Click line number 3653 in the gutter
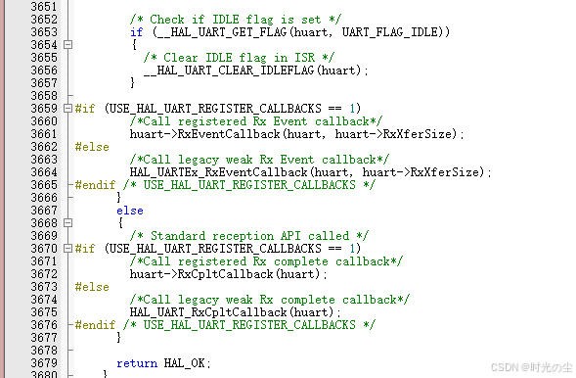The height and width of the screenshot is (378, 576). [x=44, y=32]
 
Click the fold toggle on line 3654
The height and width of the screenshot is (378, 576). [x=67, y=45]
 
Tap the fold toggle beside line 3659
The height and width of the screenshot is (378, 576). [x=67, y=109]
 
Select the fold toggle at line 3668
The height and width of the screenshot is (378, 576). [x=67, y=223]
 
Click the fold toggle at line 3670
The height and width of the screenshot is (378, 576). [x=67, y=249]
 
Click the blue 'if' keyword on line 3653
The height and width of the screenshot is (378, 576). [x=136, y=32]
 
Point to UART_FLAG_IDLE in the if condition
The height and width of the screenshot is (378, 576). [x=390, y=32]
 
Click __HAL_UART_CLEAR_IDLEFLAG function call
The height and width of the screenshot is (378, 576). [x=229, y=71]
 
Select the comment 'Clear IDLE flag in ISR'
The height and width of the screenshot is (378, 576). [x=239, y=58]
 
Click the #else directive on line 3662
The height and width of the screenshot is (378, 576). [x=92, y=147]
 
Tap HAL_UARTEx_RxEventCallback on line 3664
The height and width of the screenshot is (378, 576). [x=218, y=172]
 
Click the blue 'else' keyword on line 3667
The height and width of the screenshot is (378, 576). [x=130, y=211]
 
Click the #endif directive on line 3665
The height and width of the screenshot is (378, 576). [x=95, y=184]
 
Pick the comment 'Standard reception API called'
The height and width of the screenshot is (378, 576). [x=249, y=236]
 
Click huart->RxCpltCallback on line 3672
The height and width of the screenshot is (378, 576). [x=201, y=274]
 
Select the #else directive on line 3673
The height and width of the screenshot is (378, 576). [x=92, y=287]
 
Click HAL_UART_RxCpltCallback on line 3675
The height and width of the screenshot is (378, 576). [x=208, y=312]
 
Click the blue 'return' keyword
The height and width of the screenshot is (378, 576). [x=137, y=363]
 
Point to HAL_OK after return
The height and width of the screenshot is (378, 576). [x=184, y=363]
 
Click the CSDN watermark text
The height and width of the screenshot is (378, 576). [x=531, y=367]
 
